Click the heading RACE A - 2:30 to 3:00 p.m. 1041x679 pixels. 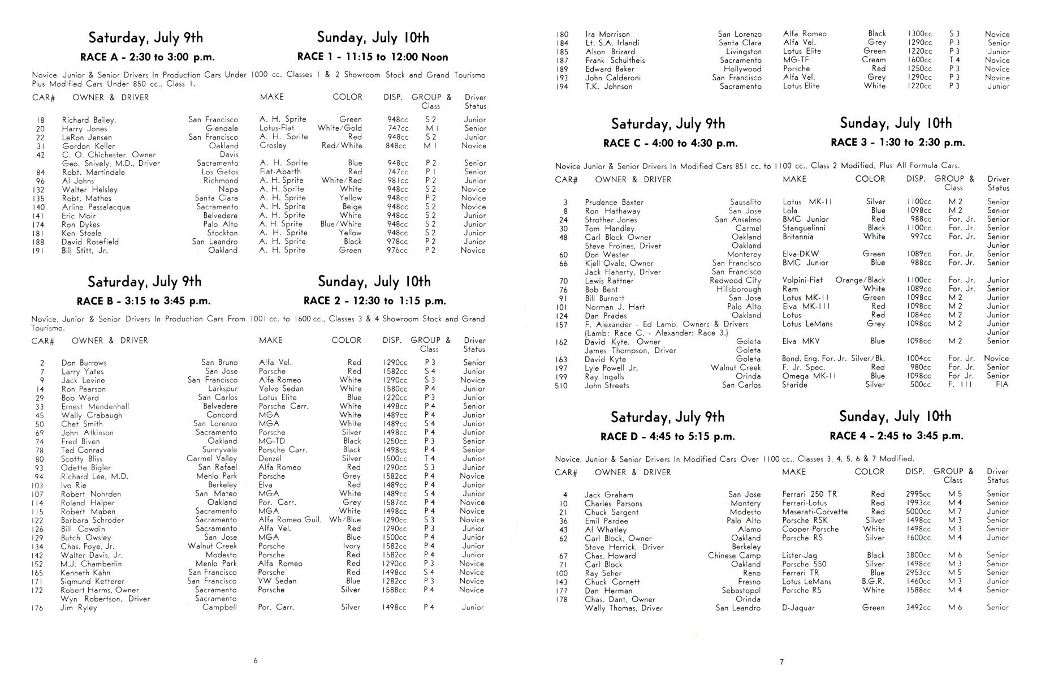(145, 57)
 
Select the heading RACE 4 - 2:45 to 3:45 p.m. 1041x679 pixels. (896, 436)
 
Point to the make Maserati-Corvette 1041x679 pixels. (814, 512)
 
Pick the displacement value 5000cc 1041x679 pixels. (918, 512)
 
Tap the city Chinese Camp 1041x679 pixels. (734, 556)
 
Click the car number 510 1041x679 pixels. (561, 386)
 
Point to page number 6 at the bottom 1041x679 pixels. (256, 660)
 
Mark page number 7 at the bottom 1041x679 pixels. (781, 661)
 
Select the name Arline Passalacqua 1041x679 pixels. (96, 207)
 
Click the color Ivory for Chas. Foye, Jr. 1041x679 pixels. (351, 546)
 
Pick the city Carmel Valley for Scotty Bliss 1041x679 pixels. (211, 459)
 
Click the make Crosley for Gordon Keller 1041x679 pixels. (273, 145)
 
